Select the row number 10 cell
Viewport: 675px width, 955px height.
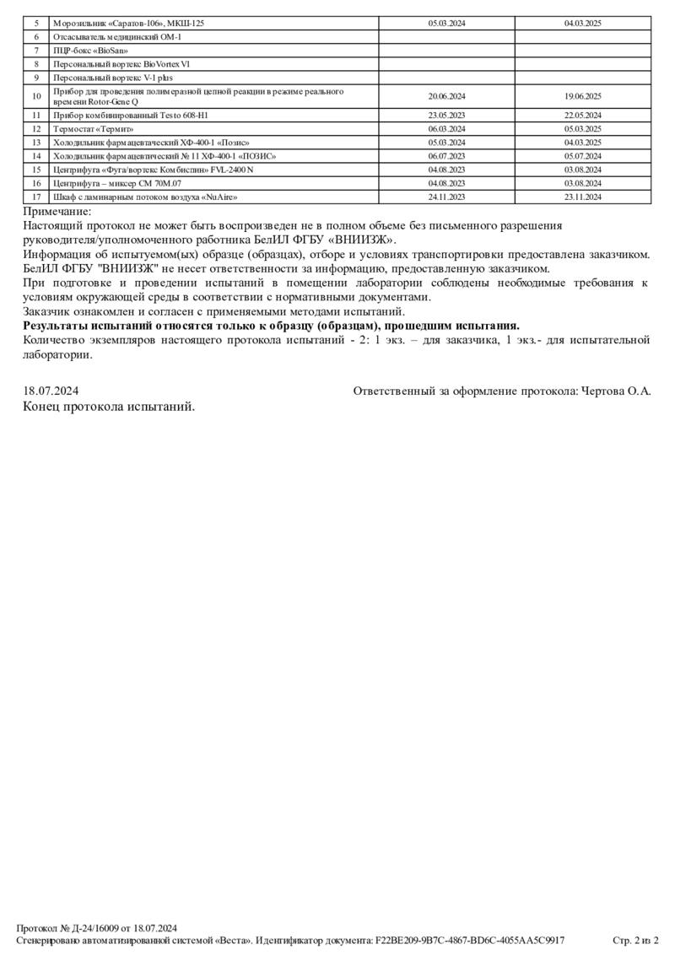click(x=36, y=96)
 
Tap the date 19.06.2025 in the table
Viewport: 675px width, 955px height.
click(x=582, y=96)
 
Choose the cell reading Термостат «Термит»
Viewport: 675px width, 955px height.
click(x=91, y=128)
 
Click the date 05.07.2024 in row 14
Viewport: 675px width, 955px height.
click(x=582, y=156)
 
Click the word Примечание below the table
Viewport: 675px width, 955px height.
click(x=57, y=212)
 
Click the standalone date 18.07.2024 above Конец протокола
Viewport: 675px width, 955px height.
click(x=51, y=391)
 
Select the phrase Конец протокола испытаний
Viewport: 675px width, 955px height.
click(x=110, y=406)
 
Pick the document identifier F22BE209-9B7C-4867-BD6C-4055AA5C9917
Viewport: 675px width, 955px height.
click(x=470, y=940)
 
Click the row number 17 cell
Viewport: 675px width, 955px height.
click(x=36, y=197)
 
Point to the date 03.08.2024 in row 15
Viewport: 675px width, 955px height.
click(x=582, y=170)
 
